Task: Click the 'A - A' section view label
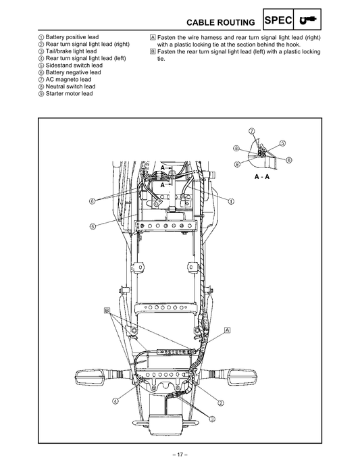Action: [x=262, y=176]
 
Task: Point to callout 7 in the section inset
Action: [x=251, y=130]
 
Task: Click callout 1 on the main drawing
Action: [x=231, y=201]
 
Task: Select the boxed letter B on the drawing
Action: [x=107, y=310]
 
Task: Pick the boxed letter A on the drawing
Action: [x=227, y=329]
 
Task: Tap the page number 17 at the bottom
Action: [x=180, y=453]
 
